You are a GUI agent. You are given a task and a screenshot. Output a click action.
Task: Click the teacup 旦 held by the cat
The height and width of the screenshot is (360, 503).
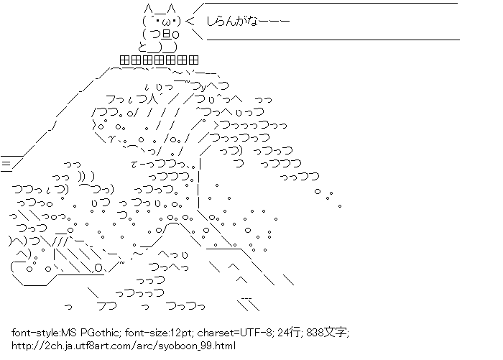pyautogui.click(x=166, y=34)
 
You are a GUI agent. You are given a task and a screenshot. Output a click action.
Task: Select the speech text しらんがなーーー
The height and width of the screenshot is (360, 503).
pyautogui.click(x=248, y=21)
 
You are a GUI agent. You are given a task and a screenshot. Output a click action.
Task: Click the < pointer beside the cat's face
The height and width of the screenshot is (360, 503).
pyautogui.click(x=190, y=21)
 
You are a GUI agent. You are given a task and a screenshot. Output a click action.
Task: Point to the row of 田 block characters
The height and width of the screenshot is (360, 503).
pyautogui.click(x=159, y=60)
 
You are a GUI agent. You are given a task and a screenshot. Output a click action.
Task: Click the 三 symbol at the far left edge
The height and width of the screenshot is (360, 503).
pyautogui.click(x=6, y=164)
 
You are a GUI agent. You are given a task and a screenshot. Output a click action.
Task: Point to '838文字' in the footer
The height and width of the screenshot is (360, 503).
pyautogui.click(x=327, y=333)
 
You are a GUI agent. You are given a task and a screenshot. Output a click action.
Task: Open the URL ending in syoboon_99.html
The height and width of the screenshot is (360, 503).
pyautogui.click(x=124, y=346)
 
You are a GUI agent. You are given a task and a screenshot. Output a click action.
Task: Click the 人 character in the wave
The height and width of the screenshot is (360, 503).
pyautogui.click(x=153, y=99)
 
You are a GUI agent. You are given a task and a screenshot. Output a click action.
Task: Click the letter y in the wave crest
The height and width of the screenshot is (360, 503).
pyautogui.click(x=203, y=87)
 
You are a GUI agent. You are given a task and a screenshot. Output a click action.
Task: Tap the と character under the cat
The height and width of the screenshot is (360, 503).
pyautogui.click(x=142, y=47)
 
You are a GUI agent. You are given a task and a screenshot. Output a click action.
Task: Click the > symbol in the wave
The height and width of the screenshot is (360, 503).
pyautogui.click(x=216, y=124)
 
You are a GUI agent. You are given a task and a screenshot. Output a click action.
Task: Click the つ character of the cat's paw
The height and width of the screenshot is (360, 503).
pyautogui.click(x=155, y=34)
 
